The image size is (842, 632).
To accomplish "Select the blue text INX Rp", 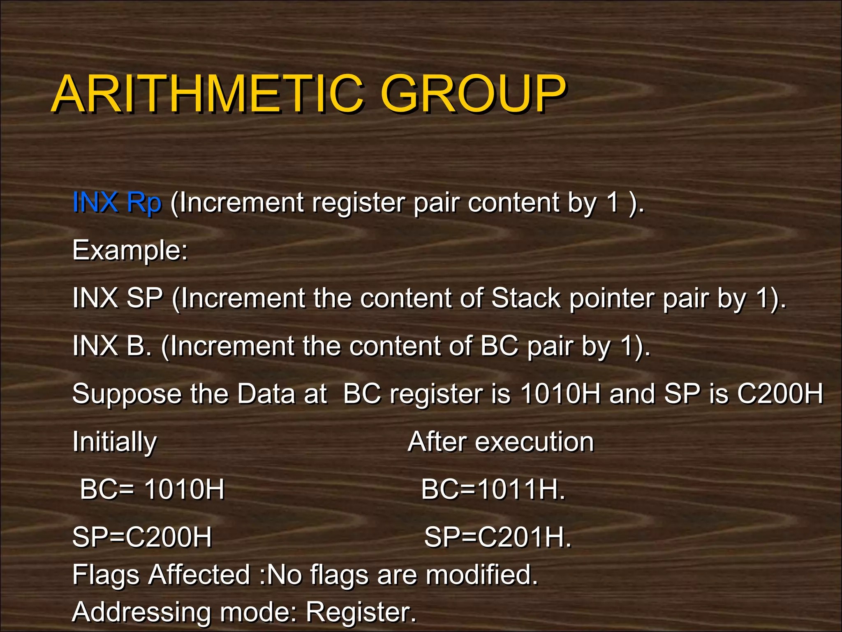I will [x=117, y=202].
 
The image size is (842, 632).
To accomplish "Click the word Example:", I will [x=130, y=250].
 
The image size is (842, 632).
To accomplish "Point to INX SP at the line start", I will [x=118, y=298].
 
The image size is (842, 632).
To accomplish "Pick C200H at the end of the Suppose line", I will [x=780, y=394].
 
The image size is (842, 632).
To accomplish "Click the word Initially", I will [x=114, y=442].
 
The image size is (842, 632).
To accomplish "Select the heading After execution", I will [x=501, y=442].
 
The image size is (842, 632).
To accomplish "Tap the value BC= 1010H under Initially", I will [x=152, y=490].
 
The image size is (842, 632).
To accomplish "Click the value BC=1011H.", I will [x=493, y=490].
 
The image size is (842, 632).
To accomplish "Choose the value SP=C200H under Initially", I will [x=142, y=537].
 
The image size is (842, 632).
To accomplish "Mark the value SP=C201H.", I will [x=497, y=537].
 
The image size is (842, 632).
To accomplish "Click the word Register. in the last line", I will [x=361, y=612].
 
